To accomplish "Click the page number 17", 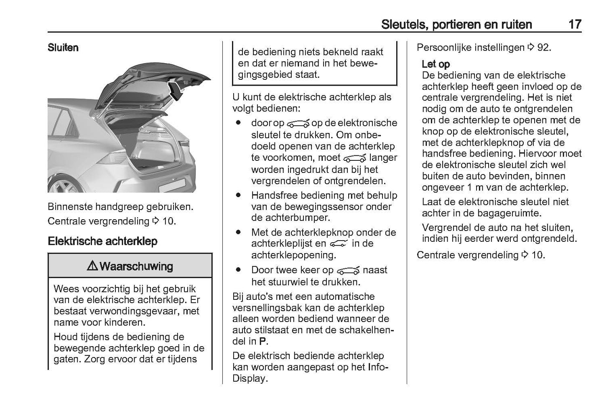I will [x=575, y=24].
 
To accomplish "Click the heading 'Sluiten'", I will [x=63, y=48].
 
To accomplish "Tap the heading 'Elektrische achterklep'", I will [x=102, y=241].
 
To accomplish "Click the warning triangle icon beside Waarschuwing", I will [x=92, y=266].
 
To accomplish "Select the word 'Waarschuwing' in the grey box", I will [x=136, y=266].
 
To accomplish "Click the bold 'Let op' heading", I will [x=436, y=64].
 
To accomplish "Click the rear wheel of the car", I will [x=65, y=184].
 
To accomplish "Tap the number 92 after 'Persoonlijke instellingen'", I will [x=543, y=48].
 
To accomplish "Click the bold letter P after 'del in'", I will [x=262, y=341].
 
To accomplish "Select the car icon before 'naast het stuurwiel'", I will [x=348, y=271].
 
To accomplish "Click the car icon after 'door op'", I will [x=298, y=124].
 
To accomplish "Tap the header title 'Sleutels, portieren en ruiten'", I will [x=456, y=24].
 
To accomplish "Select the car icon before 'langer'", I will [x=354, y=158].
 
